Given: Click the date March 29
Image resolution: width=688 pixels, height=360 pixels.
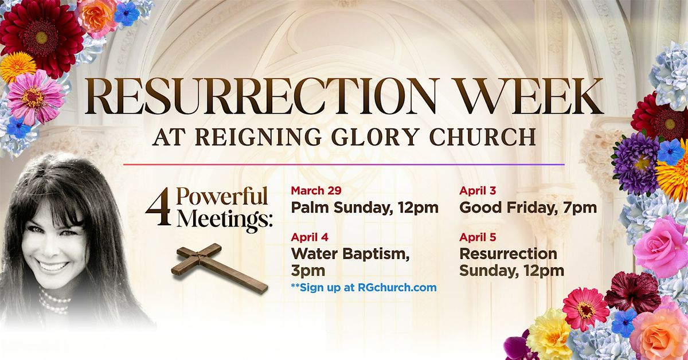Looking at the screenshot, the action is [316, 190].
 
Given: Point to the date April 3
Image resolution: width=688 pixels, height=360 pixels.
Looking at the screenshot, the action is [478, 190].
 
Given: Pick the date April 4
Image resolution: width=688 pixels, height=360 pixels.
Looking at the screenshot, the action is [310, 237].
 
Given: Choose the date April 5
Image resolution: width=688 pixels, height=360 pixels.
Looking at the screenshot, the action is [478, 237].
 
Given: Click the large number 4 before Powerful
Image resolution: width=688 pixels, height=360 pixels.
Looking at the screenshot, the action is [159, 206].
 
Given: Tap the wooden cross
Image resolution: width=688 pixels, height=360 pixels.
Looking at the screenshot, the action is [220, 268].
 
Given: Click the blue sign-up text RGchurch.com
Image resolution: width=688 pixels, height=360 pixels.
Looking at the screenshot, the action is [397, 288].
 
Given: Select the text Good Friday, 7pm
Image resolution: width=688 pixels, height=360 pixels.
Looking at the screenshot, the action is [528, 208].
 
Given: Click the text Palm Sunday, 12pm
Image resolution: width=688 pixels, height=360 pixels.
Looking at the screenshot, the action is [365, 208].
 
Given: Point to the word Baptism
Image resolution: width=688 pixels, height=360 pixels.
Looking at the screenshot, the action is [376, 255].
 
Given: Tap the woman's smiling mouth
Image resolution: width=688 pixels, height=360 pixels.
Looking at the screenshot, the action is [53, 267].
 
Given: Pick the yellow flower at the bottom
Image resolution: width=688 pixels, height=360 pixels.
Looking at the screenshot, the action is [549, 334].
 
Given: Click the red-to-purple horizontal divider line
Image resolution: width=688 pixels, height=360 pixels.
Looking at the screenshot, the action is [343, 165].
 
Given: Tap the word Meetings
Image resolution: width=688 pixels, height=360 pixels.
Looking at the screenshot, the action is [225, 220].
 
